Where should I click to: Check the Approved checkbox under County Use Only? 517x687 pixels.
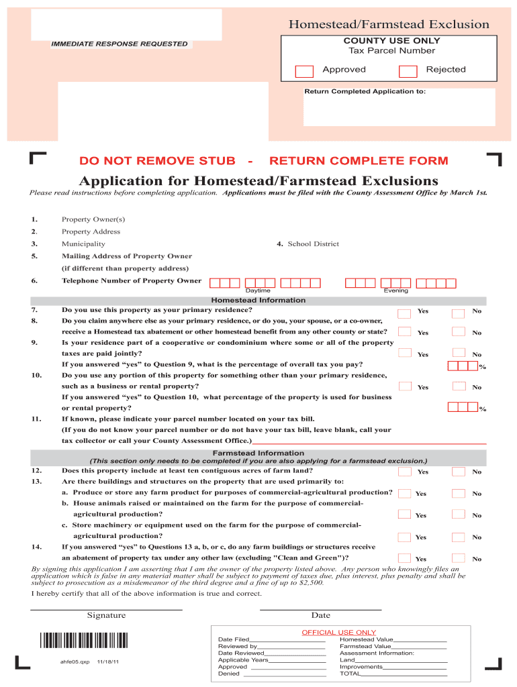pos(305,72)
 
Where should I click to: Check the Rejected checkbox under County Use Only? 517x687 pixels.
pos(408,72)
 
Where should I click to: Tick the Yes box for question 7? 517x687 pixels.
pos(404,313)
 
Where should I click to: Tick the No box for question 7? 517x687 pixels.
pos(458,313)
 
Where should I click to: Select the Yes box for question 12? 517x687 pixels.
pos(404,472)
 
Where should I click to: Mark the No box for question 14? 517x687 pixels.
pos(458,558)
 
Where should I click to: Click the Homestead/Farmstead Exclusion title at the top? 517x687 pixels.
pos(389,25)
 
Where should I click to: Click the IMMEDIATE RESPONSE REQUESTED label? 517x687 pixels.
pos(121,44)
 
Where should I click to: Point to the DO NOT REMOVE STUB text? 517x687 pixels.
pos(157,161)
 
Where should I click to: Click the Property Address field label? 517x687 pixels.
pos(91,231)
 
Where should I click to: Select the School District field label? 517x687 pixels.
pos(313,244)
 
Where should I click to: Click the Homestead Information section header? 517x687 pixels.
pos(258,301)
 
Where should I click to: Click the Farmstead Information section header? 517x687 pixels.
pos(258,454)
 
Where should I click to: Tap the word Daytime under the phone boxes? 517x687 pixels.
pos(258,291)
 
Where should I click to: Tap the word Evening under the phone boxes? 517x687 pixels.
pos(395,291)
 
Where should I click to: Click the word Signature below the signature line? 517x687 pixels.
pos(106,616)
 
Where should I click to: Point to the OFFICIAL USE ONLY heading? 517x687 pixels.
pos(338,633)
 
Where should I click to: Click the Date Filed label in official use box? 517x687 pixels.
pos(234,640)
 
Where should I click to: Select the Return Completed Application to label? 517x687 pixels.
pos(365,91)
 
